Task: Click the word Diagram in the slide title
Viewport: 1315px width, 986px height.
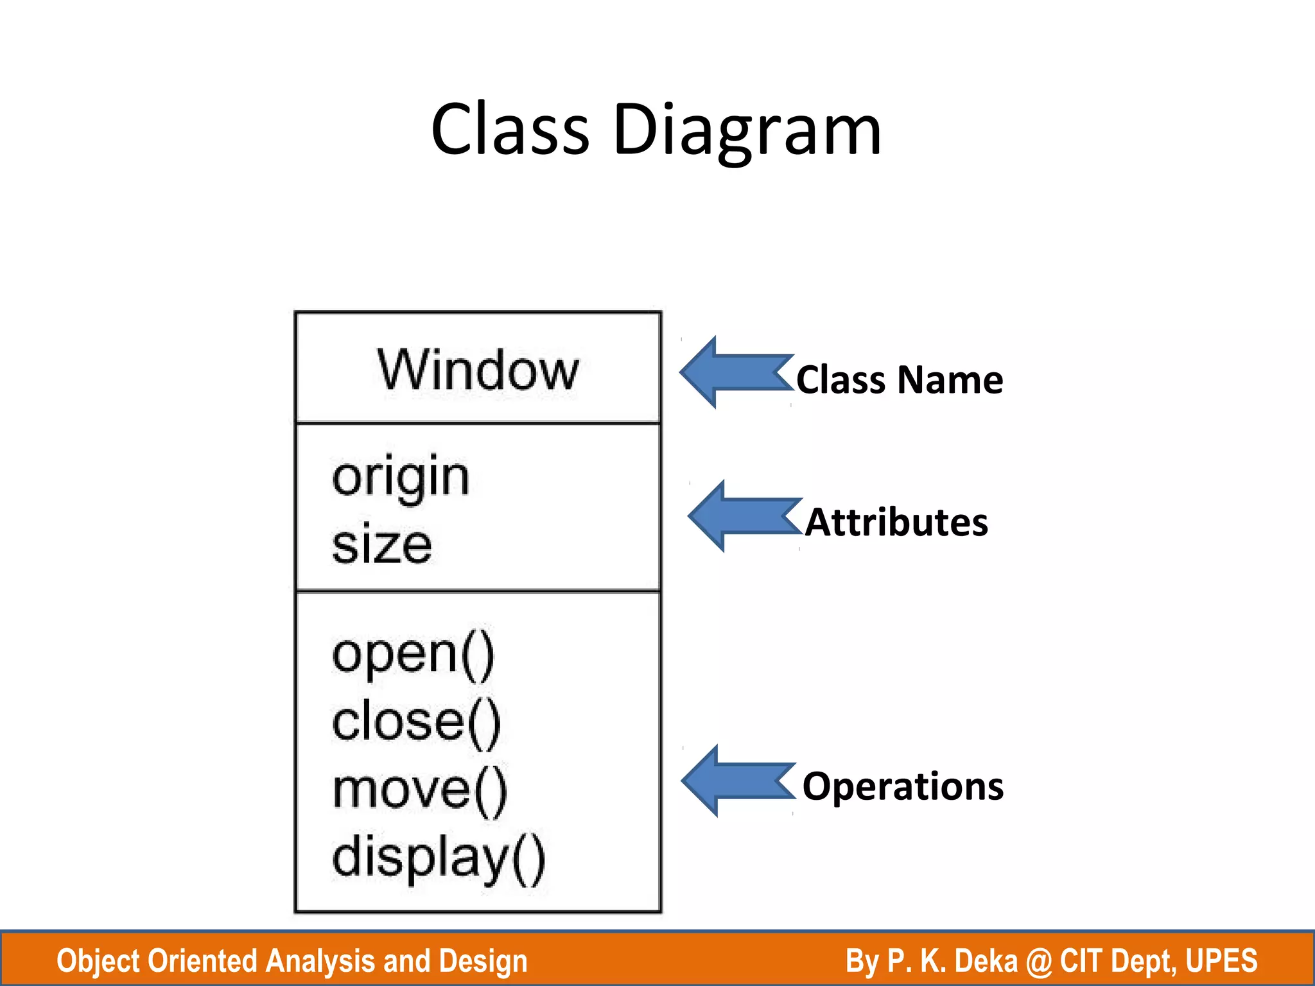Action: [747, 132]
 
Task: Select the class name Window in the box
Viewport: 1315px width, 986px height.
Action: [478, 370]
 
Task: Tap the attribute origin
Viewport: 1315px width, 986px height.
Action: [401, 478]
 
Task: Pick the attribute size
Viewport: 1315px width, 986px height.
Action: [381, 546]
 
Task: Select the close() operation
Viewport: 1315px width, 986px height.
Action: [416, 723]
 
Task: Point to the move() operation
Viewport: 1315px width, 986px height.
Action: [420, 791]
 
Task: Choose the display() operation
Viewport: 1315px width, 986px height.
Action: [439, 859]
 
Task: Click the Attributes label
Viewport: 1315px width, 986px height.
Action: [896, 522]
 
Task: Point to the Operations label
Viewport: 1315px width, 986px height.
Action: [903, 786]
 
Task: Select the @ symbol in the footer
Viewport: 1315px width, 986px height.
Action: [1039, 961]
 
